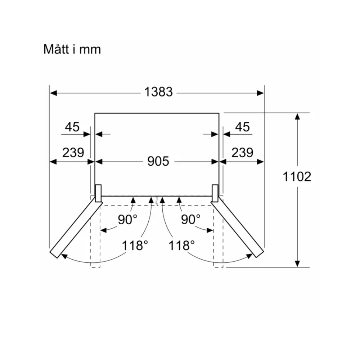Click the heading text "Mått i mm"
(x=72, y=49)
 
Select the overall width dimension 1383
(x=158, y=92)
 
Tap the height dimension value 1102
(x=297, y=176)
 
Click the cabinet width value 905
(x=158, y=161)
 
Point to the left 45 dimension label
(x=72, y=127)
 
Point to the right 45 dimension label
(x=242, y=127)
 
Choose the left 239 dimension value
(x=73, y=152)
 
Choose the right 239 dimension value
(x=242, y=152)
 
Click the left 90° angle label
(x=127, y=220)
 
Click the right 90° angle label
(x=190, y=220)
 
